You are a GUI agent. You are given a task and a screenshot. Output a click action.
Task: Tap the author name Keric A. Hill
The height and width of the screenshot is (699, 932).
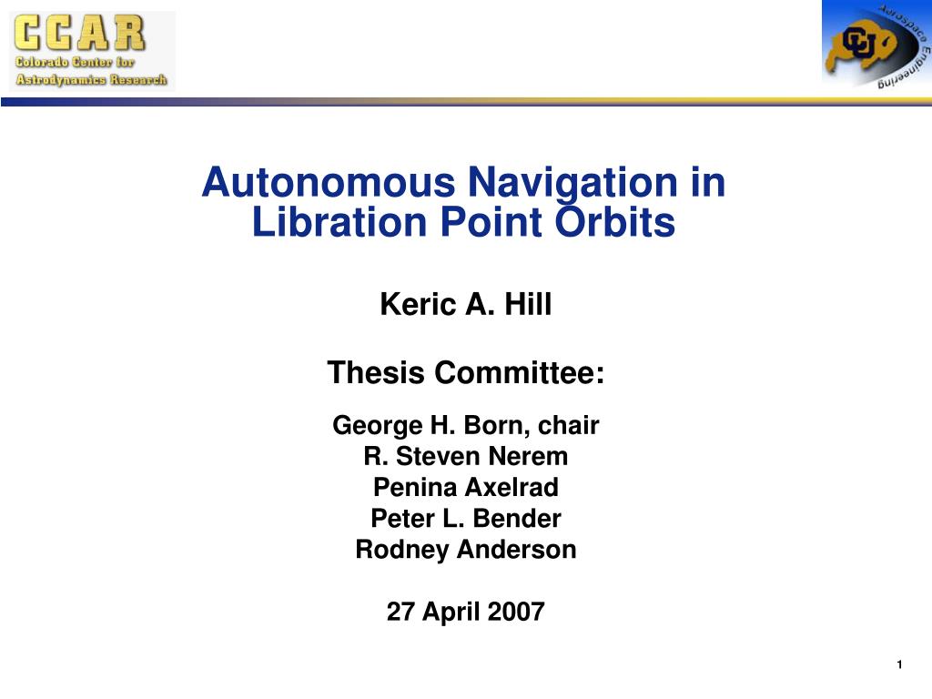pos(465,304)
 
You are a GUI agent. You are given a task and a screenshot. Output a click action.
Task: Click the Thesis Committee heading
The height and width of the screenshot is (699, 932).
pos(465,372)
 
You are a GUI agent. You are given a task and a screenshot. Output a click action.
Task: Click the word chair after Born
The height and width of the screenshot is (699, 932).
pos(570,425)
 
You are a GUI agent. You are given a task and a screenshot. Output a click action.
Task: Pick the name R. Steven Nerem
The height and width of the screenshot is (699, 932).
pos(465,456)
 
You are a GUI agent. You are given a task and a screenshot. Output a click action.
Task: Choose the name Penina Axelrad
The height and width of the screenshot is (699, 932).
pos(465,488)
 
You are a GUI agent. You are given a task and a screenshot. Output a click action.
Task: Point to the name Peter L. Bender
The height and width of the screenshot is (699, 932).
pos(465,519)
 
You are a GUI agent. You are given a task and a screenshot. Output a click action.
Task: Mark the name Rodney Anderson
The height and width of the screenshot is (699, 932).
pos(465,550)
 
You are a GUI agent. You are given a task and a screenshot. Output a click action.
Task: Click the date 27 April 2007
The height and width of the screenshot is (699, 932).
pos(465,612)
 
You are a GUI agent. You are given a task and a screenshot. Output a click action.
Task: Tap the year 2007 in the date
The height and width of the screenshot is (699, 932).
pos(516,612)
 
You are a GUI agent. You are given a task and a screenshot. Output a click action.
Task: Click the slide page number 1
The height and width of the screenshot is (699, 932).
pos(898,665)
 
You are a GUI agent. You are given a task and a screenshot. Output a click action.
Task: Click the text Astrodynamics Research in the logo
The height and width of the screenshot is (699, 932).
pos(91,79)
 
